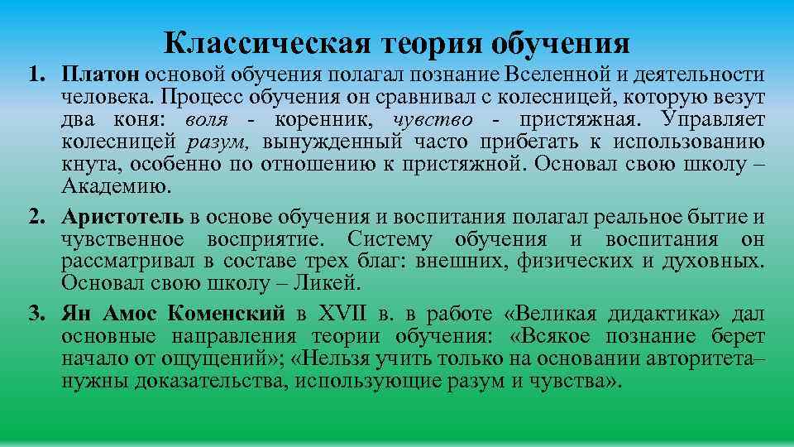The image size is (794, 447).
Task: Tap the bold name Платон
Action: point(103,75)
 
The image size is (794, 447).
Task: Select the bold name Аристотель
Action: point(123,218)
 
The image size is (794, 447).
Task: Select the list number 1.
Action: point(36,75)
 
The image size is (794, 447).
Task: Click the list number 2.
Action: point(36,218)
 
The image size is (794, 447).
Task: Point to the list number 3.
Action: point(36,315)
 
